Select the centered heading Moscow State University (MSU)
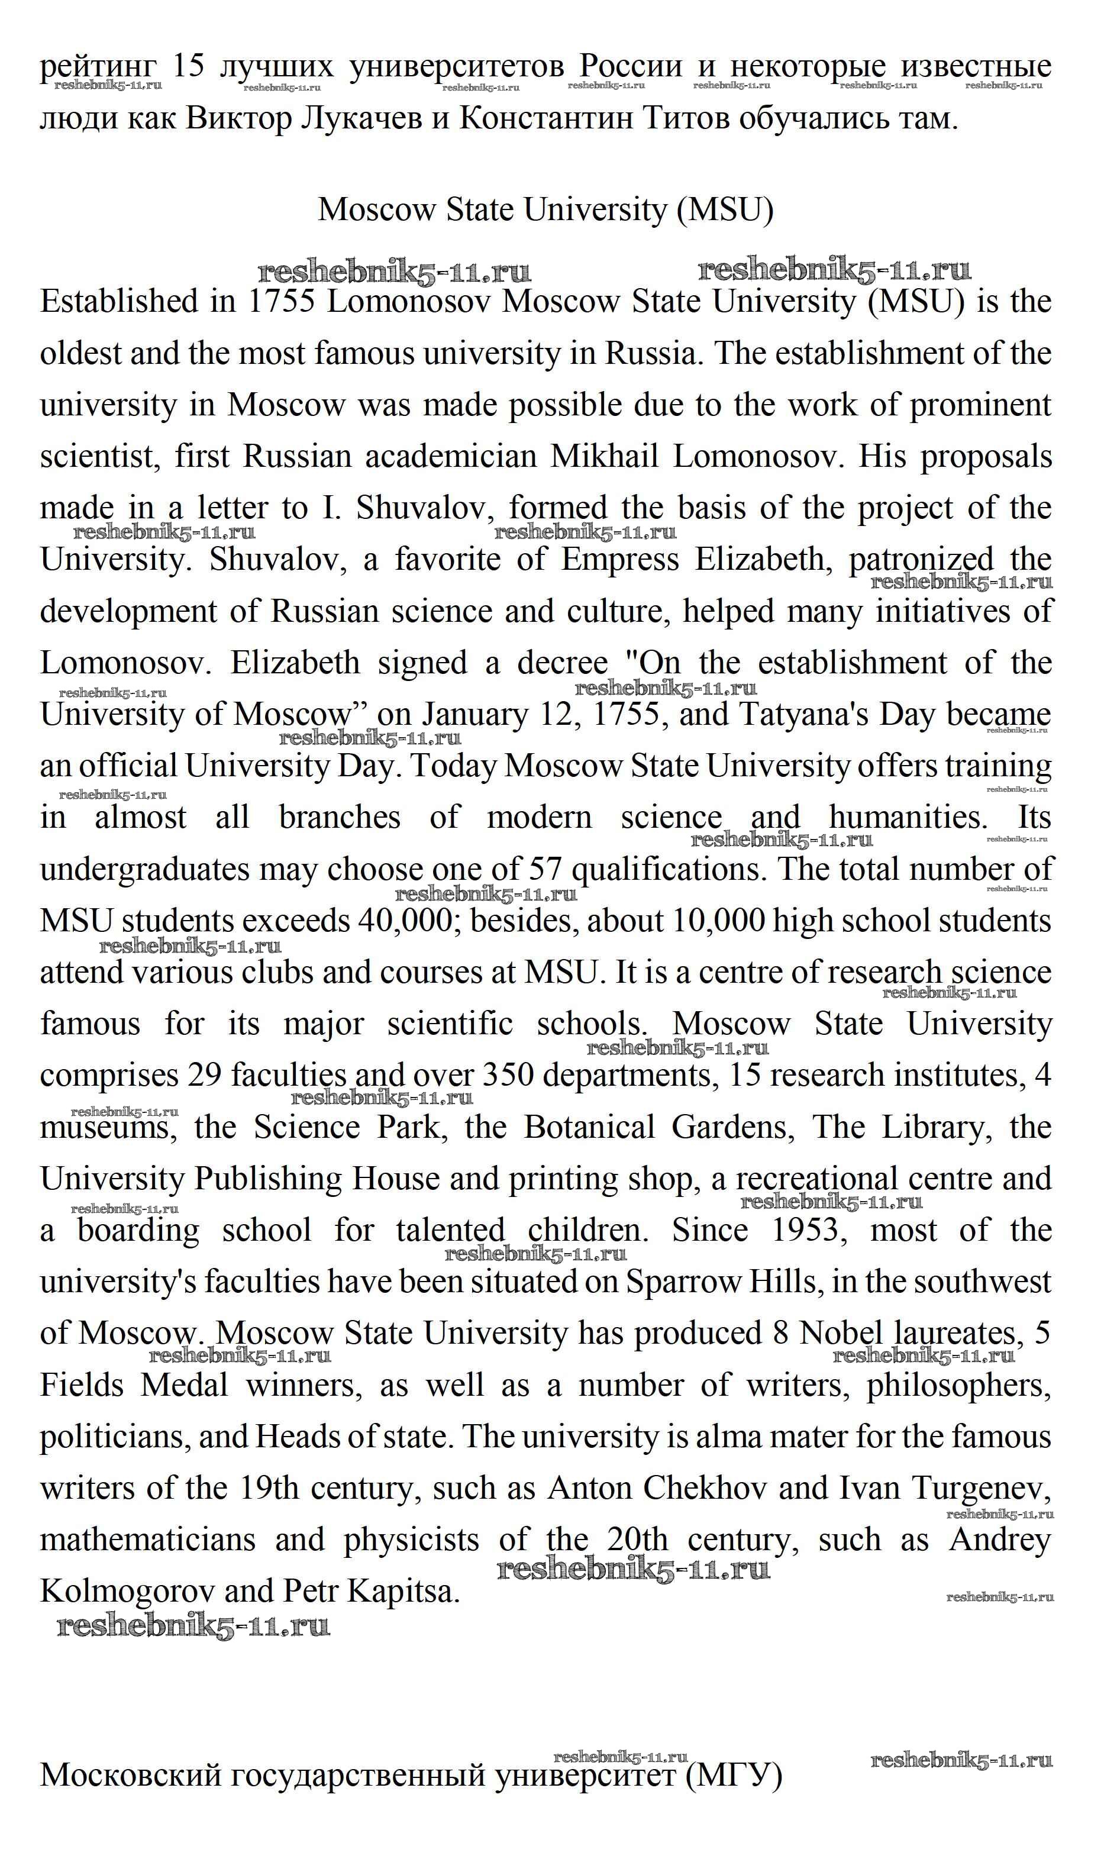click(545, 209)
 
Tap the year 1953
click(805, 1231)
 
